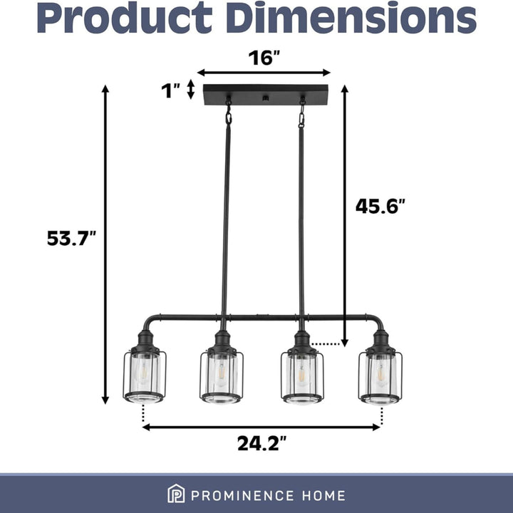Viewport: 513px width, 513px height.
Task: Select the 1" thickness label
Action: tap(171, 90)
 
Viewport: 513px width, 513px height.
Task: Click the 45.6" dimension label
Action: tap(380, 206)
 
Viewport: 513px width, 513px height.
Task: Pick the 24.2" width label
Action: tap(261, 444)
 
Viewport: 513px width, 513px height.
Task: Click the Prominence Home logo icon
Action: tap(175, 494)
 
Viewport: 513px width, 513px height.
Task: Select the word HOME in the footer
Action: tap(324, 495)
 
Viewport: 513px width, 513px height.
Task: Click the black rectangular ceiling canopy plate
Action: tap(264, 95)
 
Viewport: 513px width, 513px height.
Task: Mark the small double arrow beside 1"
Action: tap(190, 90)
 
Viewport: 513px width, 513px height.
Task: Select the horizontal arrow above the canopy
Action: tap(264, 72)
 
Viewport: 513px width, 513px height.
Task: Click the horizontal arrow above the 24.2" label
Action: tap(261, 427)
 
